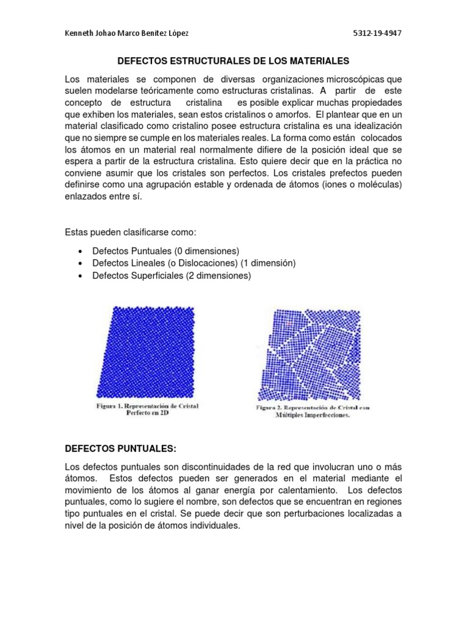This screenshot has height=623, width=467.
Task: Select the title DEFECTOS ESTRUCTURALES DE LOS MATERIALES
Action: (x=233, y=61)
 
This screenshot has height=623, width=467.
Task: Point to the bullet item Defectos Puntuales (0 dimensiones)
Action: (x=165, y=251)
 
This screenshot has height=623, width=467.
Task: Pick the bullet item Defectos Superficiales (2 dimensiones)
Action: (x=171, y=276)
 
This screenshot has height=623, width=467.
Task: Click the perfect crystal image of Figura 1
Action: (x=147, y=350)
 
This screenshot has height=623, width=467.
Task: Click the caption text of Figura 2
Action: (x=312, y=411)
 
